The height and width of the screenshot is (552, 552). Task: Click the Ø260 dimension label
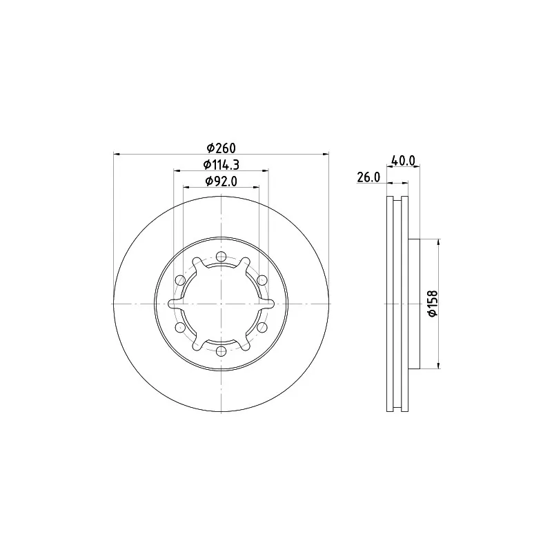[x=221, y=148]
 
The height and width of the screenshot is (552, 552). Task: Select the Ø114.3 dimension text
[x=221, y=164]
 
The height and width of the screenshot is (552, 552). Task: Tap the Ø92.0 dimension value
[x=221, y=181]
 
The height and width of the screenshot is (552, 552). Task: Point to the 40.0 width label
[x=404, y=161]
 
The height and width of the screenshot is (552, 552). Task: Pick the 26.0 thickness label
[x=368, y=177]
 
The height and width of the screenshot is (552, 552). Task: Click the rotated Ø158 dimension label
[x=433, y=303]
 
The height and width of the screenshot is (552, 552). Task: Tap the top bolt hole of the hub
[x=221, y=256]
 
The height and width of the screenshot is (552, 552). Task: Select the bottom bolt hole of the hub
[x=221, y=351]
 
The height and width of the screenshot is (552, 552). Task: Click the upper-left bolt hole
[x=180, y=280]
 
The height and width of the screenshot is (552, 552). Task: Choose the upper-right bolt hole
[x=262, y=280]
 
